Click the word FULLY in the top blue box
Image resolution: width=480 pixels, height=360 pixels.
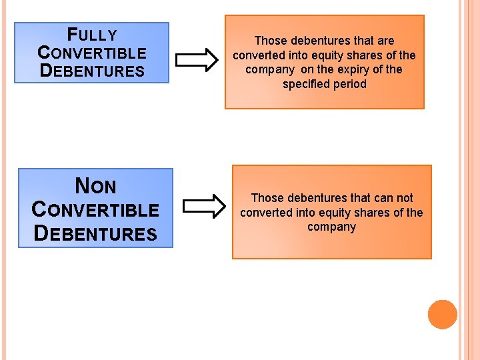[x=92, y=35]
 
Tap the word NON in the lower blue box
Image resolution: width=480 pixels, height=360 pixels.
[x=95, y=185]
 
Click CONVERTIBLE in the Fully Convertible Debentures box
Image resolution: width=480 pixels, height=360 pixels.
[x=92, y=53]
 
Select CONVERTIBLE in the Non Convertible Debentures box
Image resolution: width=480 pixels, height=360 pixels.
[x=95, y=209]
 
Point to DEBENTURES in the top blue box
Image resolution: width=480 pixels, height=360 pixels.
[x=92, y=70]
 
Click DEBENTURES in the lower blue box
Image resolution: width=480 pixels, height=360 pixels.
[x=95, y=233]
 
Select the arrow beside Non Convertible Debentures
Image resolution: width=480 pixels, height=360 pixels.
[x=204, y=206]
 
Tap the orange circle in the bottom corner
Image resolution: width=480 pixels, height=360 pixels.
[x=442, y=314]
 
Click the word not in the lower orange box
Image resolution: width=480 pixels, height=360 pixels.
[x=404, y=198]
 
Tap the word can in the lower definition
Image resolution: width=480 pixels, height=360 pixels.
[x=381, y=198]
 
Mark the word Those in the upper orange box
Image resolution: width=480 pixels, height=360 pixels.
[x=270, y=41]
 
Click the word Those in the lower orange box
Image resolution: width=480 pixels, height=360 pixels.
[x=267, y=198]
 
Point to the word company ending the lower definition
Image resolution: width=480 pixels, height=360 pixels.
[x=331, y=227]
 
